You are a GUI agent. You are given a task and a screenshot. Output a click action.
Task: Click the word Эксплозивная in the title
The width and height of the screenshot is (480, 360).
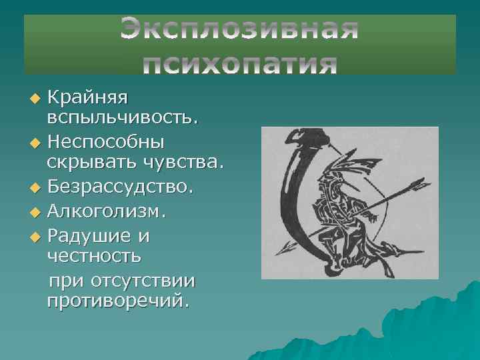coord(240,30)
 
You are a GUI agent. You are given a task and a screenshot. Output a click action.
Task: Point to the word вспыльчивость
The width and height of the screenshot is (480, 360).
coord(122,119)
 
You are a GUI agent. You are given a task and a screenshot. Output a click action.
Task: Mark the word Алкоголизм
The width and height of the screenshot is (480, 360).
coord(109,212)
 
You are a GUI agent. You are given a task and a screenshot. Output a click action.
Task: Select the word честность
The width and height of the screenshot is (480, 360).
coord(93,256)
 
